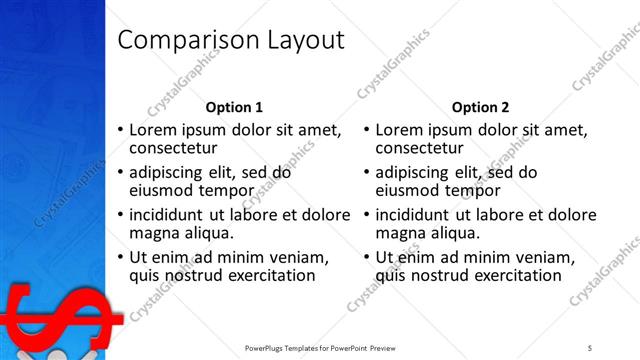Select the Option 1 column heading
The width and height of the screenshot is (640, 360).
(x=234, y=107)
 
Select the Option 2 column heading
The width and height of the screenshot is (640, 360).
(x=480, y=107)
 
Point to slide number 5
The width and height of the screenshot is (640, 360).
(x=590, y=348)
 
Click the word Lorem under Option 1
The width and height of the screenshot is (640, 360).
(x=155, y=130)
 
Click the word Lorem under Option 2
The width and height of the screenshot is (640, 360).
(x=401, y=130)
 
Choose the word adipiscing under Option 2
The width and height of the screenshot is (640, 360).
(x=416, y=172)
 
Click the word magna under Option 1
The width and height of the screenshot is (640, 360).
(x=154, y=233)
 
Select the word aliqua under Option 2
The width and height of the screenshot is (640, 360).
(x=454, y=233)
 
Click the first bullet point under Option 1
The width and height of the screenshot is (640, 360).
(x=121, y=131)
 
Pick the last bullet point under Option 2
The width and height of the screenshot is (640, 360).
(x=367, y=257)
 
